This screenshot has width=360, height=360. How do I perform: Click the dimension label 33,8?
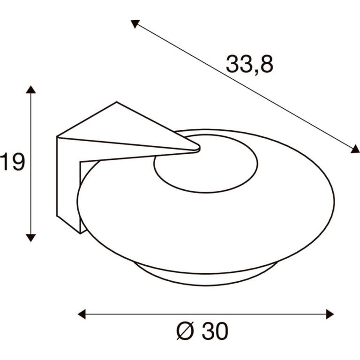(x=249, y=64)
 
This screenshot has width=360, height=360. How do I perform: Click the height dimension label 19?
(x=12, y=162)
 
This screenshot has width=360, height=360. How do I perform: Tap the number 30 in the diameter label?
(x=215, y=331)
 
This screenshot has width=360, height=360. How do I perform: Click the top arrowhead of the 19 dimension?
(x=31, y=90)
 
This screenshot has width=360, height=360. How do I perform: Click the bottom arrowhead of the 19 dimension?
(x=31, y=238)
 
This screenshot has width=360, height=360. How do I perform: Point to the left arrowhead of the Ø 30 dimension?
(x=82, y=314)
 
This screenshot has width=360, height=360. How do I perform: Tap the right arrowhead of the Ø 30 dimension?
(x=330, y=314)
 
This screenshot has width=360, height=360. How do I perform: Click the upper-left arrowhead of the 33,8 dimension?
(x=135, y=23)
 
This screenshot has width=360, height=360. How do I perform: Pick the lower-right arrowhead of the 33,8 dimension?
(x=355, y=149)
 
